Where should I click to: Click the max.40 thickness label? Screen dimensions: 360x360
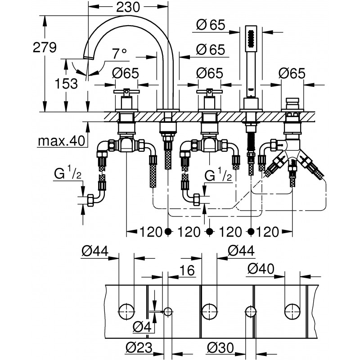(61, 142)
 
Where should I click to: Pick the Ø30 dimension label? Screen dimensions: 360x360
(220, 347)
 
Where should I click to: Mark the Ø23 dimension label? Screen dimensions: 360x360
(138, 347)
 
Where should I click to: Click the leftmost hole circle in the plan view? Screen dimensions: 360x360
(126, 310)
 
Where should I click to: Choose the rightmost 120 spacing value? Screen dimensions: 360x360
(268, 232)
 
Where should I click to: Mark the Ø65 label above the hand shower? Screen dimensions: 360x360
(211, 25)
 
